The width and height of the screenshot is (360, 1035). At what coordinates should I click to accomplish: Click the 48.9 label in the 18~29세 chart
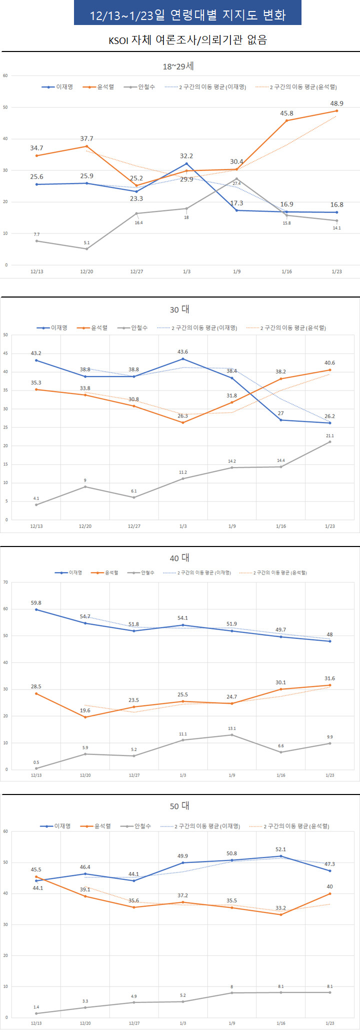[336, 103]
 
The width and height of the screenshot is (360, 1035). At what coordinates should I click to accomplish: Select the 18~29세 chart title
[178, 66]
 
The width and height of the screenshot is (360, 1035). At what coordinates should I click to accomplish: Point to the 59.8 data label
[36, 603]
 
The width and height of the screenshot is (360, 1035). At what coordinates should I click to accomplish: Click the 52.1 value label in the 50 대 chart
[280, 849]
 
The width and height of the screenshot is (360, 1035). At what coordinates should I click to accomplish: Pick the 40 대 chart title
[179, 558]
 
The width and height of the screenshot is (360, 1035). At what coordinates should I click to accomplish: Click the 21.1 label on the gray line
[330, 436]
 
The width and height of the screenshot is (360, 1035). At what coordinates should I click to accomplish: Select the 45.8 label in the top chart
[286, 113]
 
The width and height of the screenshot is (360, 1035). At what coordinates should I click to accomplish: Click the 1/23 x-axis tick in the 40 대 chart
[330, 775]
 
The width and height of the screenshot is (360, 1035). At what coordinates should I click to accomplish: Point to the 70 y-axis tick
[5, 582]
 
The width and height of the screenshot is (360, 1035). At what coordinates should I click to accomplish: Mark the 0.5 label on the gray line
[36, 762]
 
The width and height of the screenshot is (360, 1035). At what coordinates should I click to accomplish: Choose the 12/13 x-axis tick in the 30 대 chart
[36, 526]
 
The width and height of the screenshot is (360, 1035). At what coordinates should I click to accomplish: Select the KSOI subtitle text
[187, 40]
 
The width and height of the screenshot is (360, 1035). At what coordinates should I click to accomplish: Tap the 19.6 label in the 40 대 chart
[85, 710]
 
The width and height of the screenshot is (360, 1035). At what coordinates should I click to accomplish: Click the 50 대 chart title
[179, 806]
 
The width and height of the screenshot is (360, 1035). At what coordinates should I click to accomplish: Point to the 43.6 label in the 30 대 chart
[183, 352]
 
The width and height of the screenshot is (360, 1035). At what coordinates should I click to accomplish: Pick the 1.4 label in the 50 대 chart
[36, 1007]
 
